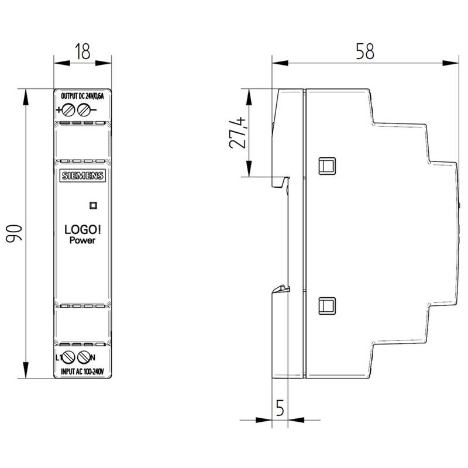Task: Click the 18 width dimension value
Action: point(82,51)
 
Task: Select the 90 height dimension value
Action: point(14,233)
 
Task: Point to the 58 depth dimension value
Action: point(364,51)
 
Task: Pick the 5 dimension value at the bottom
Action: point(280,408)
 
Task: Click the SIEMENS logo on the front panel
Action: point(82,175)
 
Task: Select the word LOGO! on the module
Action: point(82,229)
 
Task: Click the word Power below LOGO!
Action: point(82,240)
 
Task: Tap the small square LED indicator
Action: point(94,205)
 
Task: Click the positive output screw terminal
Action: point(68,110)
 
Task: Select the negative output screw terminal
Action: point(84,110)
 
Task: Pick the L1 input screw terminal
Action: point(68,357)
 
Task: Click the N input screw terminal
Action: point(84,357)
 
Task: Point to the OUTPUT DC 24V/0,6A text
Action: point(82,96)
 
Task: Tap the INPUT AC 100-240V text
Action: point(82,371)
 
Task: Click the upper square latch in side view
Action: point(327,166)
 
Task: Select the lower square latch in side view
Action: point(327,306)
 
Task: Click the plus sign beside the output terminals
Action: point(58,110)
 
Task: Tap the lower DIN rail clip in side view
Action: point(281,289)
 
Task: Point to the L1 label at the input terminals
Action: point(59,357)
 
